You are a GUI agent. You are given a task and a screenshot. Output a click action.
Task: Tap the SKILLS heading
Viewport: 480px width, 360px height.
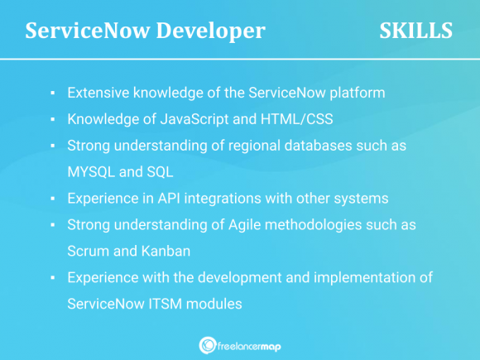tap(415, 31)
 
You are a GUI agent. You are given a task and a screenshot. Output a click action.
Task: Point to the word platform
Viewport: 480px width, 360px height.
tap(357, 93)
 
